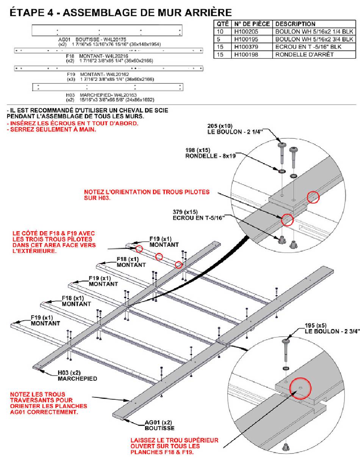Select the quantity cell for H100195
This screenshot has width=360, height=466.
tap(222, 39)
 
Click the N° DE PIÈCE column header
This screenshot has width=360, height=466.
tap(252, 24)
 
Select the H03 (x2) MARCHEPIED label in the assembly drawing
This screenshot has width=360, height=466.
tap(77, 375)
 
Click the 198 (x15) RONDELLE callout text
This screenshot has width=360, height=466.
tap(211, 153)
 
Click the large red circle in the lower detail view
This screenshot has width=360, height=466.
tap(300, 388)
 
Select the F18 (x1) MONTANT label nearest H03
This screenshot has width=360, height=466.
tap(76, 301)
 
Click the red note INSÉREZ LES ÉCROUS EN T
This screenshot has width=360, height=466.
tap(72, 124)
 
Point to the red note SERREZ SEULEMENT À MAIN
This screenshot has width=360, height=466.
tap(51, 130)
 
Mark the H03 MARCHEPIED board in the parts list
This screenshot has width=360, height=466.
tap(108, 87)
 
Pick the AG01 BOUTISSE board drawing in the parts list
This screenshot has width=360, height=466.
tap(107, 30)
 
